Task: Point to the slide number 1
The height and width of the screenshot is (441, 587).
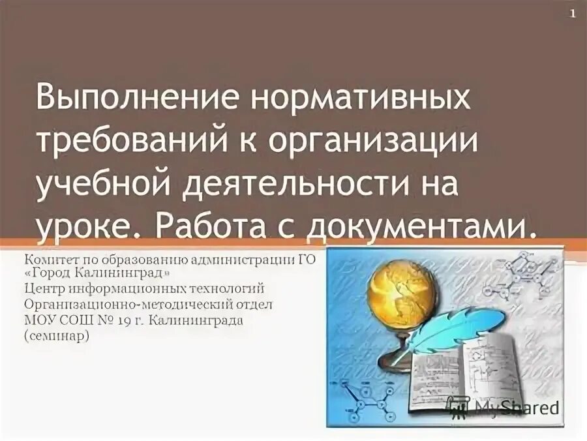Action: tap(573, 14)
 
